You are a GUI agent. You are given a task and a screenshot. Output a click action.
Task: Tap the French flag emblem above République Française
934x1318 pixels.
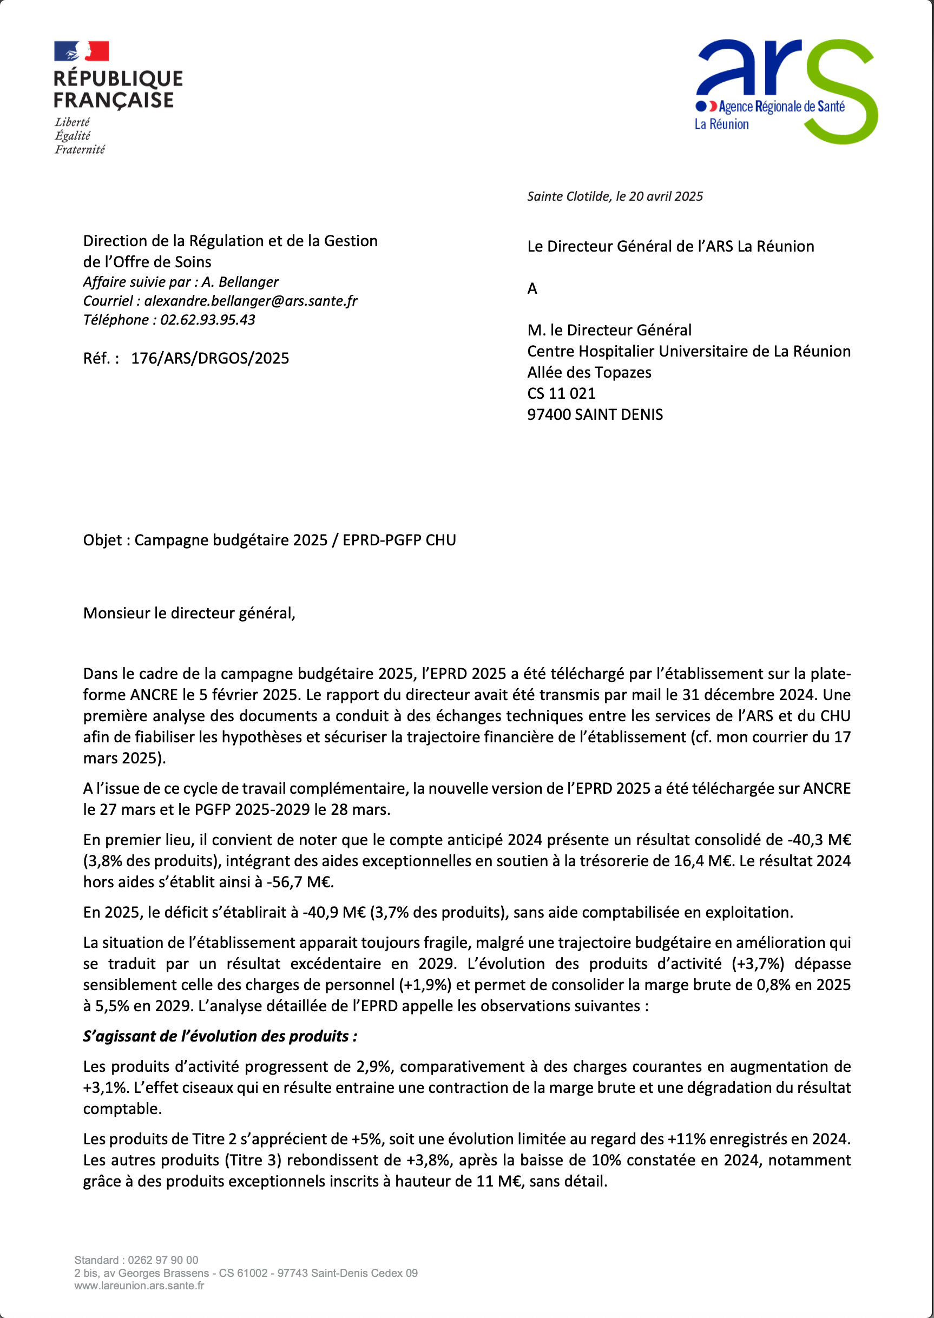(x=81, y=51)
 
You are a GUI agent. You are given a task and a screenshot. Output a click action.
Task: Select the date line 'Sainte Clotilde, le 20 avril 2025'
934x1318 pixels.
(x=615, y=196)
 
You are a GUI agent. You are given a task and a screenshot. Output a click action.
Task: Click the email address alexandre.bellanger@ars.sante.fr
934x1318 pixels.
(x=251, y=301)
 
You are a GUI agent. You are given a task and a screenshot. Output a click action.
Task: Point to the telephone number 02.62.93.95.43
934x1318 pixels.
(x=208, y=320)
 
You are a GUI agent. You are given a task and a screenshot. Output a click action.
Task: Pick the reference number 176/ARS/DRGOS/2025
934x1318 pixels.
(x=210, y=359)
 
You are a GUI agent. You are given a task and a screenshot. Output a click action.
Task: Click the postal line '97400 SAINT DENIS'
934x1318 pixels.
(x=595, y=415)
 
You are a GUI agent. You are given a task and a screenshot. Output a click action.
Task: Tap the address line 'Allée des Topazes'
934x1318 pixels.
(x=589, y=373)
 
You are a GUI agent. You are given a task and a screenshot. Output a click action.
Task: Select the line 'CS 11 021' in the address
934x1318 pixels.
(x=561, y=394)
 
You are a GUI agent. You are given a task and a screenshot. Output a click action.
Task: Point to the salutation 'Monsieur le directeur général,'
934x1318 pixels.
(x=189, y=614)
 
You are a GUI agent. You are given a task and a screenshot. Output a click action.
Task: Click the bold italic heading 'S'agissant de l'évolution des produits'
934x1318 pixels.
(x=220, y=1037)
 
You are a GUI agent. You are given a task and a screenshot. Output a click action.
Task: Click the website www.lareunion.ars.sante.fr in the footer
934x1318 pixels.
(x=139, y=1286)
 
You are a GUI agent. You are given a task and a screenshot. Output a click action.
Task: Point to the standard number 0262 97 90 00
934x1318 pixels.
(x=163, y=1261)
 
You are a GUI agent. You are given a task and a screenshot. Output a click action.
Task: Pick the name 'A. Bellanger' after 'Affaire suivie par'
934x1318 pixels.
(x=240, y=282)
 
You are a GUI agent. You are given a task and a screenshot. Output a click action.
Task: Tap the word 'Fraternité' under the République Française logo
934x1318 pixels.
(x=80, y=150)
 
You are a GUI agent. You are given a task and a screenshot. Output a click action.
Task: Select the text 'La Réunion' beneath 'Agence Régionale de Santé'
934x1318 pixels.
(x=721, y=124)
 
